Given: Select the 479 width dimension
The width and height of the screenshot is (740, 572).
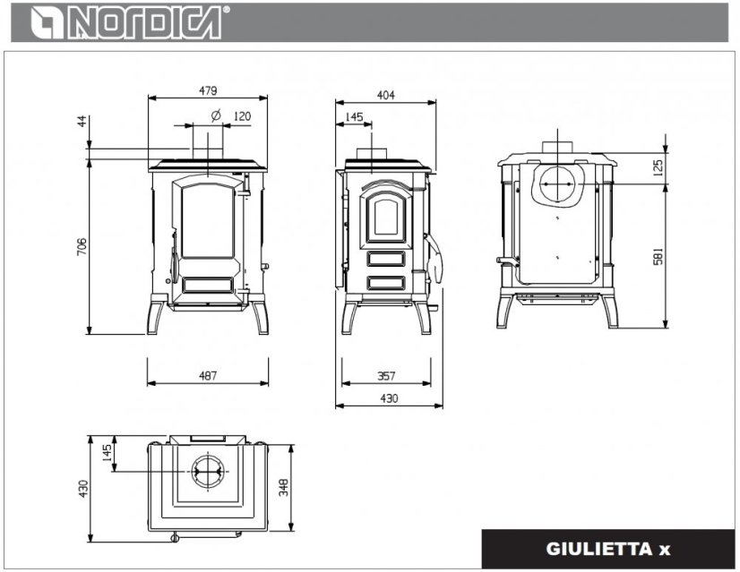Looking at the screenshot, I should pos(208,90).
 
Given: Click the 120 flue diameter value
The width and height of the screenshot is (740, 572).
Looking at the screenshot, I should pos(242,116).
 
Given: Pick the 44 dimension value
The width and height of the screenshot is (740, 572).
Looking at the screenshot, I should pos(82,121).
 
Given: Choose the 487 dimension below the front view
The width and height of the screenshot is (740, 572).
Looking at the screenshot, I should pos(208,376).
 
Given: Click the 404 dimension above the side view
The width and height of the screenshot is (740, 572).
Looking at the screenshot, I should pos(385,94).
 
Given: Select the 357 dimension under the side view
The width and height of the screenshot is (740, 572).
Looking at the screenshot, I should pos(385,376).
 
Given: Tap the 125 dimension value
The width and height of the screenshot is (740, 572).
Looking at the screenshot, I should pos(684,167).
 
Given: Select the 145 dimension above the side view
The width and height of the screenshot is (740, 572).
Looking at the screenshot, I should pos(353,117).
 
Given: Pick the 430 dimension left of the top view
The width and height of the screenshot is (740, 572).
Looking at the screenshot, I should pos(83,489).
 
